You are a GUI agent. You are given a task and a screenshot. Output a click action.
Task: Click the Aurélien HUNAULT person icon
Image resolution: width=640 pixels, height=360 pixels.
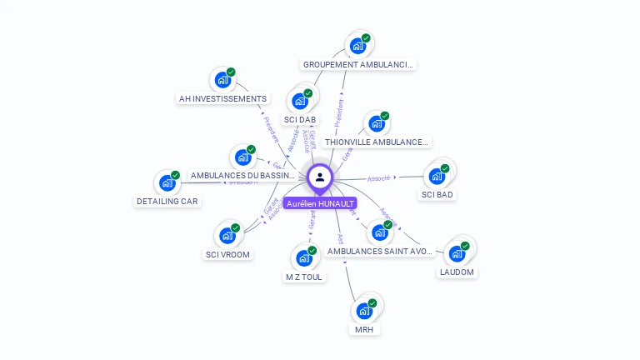coord(320,177)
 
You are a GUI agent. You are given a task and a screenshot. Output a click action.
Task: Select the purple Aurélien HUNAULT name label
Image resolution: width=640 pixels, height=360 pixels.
coord(320,203)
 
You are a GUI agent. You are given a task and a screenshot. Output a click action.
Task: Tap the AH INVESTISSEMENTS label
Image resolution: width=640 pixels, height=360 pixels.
coord(222,98)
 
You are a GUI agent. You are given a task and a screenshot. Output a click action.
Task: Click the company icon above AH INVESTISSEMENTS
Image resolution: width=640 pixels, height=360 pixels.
coord(222,79)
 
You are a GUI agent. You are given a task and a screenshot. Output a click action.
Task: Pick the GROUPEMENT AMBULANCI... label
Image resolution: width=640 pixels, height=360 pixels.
coord(358,64)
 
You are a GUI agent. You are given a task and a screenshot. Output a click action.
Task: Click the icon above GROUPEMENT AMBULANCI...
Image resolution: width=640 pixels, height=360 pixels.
coord(358,45)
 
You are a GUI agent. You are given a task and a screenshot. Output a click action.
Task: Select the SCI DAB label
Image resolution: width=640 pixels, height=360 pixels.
coord(300,119)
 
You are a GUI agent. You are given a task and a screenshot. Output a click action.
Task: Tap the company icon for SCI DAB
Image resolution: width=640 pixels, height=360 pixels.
coord(300,101)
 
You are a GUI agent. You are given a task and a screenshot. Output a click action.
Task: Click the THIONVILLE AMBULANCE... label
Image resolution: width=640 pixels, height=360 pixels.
coord(377,142)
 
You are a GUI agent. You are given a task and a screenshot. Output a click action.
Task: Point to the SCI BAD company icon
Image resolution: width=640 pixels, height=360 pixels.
coord(437,176)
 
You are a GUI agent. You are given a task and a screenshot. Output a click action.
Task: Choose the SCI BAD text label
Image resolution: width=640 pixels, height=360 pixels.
coord(437,195)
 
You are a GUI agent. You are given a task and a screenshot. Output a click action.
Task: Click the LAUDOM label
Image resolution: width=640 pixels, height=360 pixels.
coord(457,272)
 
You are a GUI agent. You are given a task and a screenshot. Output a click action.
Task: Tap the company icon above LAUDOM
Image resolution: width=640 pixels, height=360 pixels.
coord(457,253)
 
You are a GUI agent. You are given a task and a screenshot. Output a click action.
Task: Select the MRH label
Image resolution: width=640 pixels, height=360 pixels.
coord(364,329)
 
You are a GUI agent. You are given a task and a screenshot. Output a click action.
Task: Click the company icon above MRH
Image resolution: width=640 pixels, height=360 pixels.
coord(364,311)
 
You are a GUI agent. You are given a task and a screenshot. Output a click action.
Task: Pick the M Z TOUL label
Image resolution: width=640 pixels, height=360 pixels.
coord(304,277)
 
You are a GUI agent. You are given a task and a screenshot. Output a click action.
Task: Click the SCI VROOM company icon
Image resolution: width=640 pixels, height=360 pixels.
coord(227,235)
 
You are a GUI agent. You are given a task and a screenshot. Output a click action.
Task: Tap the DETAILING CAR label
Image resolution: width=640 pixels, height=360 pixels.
coord(167,201)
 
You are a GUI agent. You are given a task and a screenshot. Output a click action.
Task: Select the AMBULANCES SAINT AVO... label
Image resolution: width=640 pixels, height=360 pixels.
coord(380,251)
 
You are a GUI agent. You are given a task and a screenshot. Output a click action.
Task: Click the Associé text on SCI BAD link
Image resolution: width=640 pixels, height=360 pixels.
coord(379,177)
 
